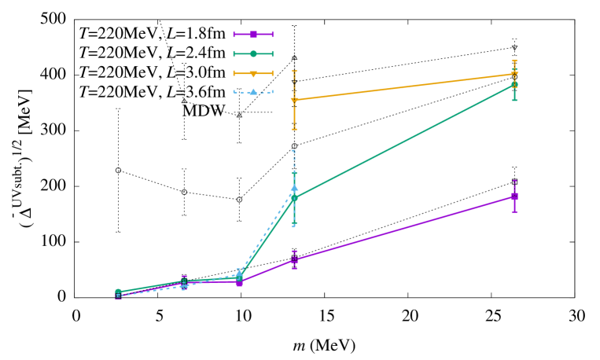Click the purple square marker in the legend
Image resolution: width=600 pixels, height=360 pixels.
[253, 35]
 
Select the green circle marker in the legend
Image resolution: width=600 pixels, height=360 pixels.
[253, 54]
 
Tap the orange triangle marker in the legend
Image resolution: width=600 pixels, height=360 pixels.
[253, 74]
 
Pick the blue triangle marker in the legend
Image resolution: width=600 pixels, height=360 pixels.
[253, 92]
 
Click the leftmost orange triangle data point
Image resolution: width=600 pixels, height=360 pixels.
[294, 101]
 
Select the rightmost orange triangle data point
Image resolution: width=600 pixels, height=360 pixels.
[514, 74]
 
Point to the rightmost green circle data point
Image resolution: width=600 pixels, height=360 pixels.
[514, 84]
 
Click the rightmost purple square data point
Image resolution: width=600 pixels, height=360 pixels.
[514, 197]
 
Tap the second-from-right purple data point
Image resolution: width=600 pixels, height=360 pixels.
[294, 259]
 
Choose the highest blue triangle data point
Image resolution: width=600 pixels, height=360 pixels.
[294, 188]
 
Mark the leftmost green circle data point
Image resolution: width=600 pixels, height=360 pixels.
[118, 292]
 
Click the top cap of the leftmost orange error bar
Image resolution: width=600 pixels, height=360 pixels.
[294, 72]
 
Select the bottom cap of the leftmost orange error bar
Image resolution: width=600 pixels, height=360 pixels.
[294, 129]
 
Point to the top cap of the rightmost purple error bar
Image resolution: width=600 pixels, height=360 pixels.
[514, 181]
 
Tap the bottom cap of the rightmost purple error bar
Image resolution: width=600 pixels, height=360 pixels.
[514, 211]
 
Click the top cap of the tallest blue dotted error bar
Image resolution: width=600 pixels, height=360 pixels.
[294, 150]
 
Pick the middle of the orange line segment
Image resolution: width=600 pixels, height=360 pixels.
[404, 87]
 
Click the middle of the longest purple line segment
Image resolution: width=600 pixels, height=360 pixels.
[404, 228]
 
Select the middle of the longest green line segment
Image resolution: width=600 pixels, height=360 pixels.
[404, 141]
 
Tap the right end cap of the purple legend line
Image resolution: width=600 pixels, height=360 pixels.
[272, 35]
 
